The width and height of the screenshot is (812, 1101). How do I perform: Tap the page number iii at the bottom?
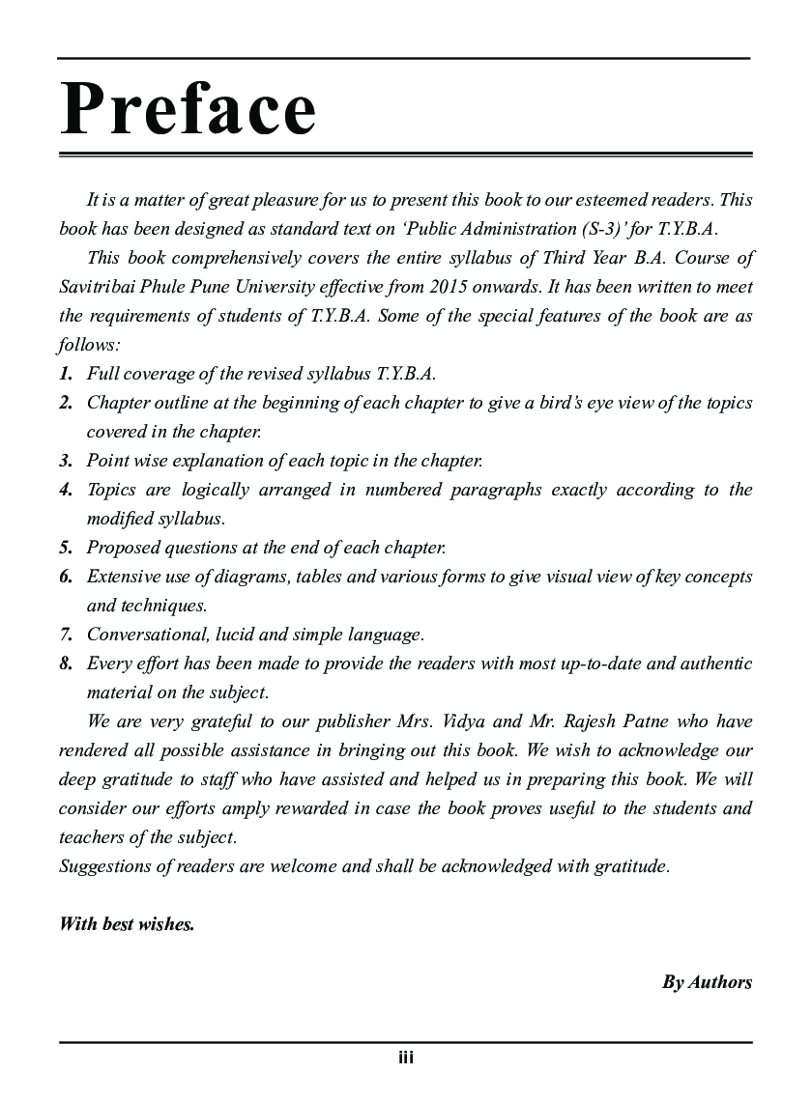pos(406,1058)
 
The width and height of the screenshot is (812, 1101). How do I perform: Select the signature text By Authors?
pos(707,982)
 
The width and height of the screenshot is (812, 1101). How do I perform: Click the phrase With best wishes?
pos(127,924)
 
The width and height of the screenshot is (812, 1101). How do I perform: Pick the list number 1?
pos(65,374)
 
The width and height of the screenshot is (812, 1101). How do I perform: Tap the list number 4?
pos(65,490)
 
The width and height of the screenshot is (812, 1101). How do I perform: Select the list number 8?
pos(65,663)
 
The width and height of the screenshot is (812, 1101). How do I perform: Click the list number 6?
pos(65,577)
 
